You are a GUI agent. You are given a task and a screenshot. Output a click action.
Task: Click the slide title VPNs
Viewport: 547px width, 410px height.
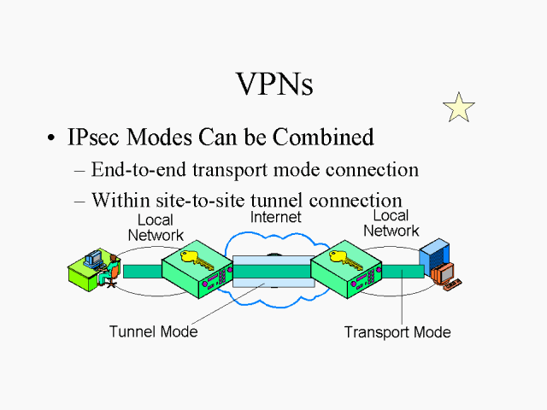point(273,84)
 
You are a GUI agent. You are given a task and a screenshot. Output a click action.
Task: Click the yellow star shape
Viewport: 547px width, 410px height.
point(459,108)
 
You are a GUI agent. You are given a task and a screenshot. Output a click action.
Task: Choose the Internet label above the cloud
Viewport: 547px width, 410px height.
point(275,217)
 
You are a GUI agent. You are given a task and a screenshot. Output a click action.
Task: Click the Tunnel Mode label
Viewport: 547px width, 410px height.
point(153,331)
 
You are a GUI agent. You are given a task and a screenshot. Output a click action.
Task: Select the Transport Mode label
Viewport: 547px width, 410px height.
point(397,331)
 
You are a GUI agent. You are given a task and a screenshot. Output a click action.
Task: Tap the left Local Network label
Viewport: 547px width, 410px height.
point(155,227)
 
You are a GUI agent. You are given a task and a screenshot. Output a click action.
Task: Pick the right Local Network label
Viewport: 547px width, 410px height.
point(391,223)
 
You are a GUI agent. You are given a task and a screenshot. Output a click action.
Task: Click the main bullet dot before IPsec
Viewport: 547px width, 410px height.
point(52,138)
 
